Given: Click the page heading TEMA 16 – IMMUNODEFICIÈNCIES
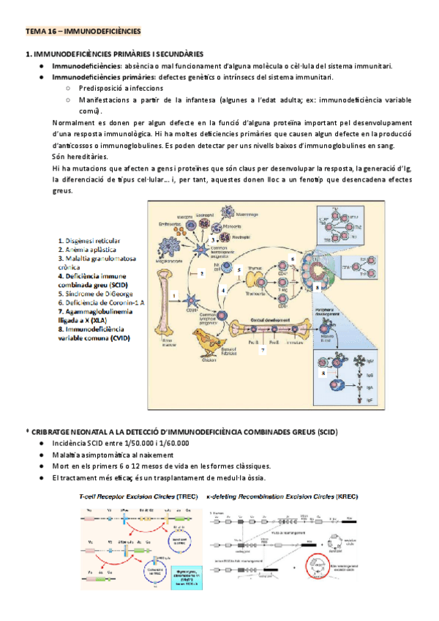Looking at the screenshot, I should pyautogui.click(x=83, y=31).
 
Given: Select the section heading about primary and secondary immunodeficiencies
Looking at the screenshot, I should pyautogui.click(x=114, y=55).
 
